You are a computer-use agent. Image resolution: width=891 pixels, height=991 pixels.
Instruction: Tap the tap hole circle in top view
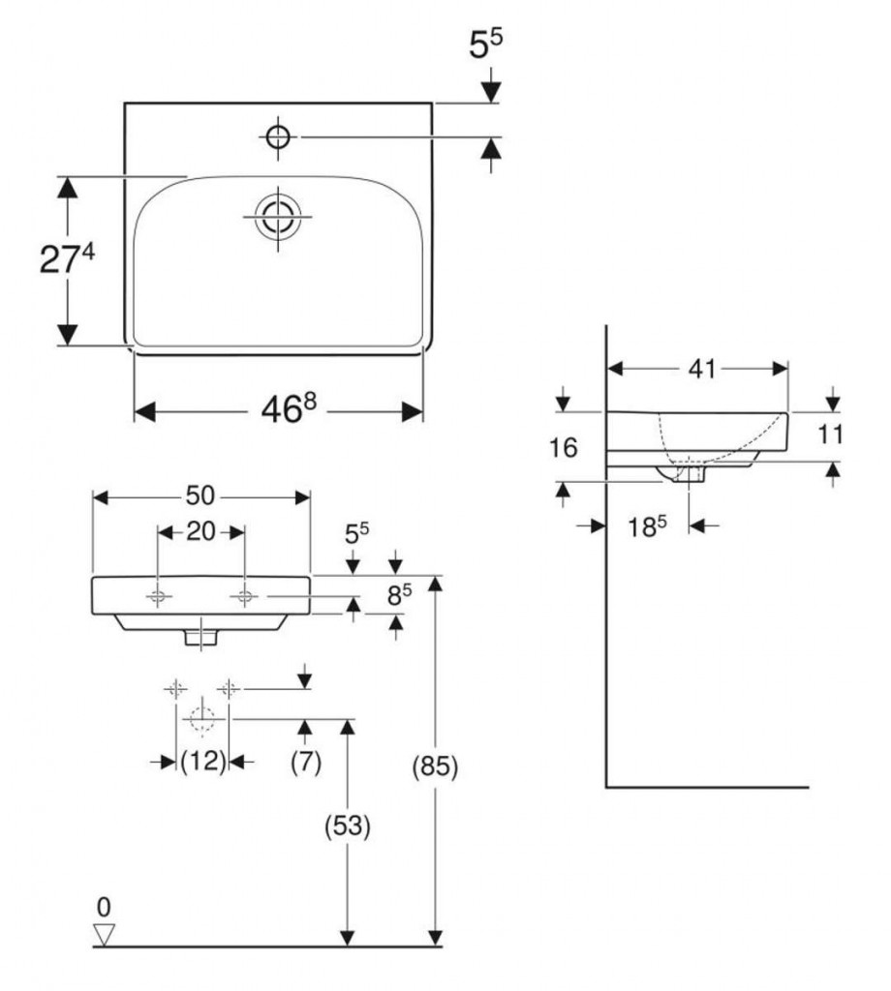click(278, 137)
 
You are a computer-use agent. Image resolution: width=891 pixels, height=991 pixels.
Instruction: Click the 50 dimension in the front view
click(200, 495)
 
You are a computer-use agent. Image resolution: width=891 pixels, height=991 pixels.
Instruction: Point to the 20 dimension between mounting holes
click(200, 531)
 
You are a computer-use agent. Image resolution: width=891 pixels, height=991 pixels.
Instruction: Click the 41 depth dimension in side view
click(702, 369)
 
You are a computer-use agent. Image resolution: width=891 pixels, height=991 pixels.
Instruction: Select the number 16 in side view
click(563, 448)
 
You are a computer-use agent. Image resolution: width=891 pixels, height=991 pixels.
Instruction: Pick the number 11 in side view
click(830, 435)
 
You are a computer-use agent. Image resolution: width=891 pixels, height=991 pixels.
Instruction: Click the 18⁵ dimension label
click(646, 527)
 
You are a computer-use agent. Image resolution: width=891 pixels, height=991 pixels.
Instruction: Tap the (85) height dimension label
click(434, 766)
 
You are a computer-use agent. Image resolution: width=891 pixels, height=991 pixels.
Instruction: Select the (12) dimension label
click(202, 763)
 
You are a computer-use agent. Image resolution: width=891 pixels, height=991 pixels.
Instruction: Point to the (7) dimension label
click(305, 763)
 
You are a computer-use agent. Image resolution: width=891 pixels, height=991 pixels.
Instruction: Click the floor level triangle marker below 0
click(105, 934)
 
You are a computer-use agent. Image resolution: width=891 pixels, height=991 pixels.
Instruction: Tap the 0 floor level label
click(105, 907)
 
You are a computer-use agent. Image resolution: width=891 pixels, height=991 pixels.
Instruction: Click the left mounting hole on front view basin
click(159, 597)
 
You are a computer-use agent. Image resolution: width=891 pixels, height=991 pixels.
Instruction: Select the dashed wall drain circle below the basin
click(201, 718)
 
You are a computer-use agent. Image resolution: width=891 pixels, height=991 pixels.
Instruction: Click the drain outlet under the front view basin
click(201, 637)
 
